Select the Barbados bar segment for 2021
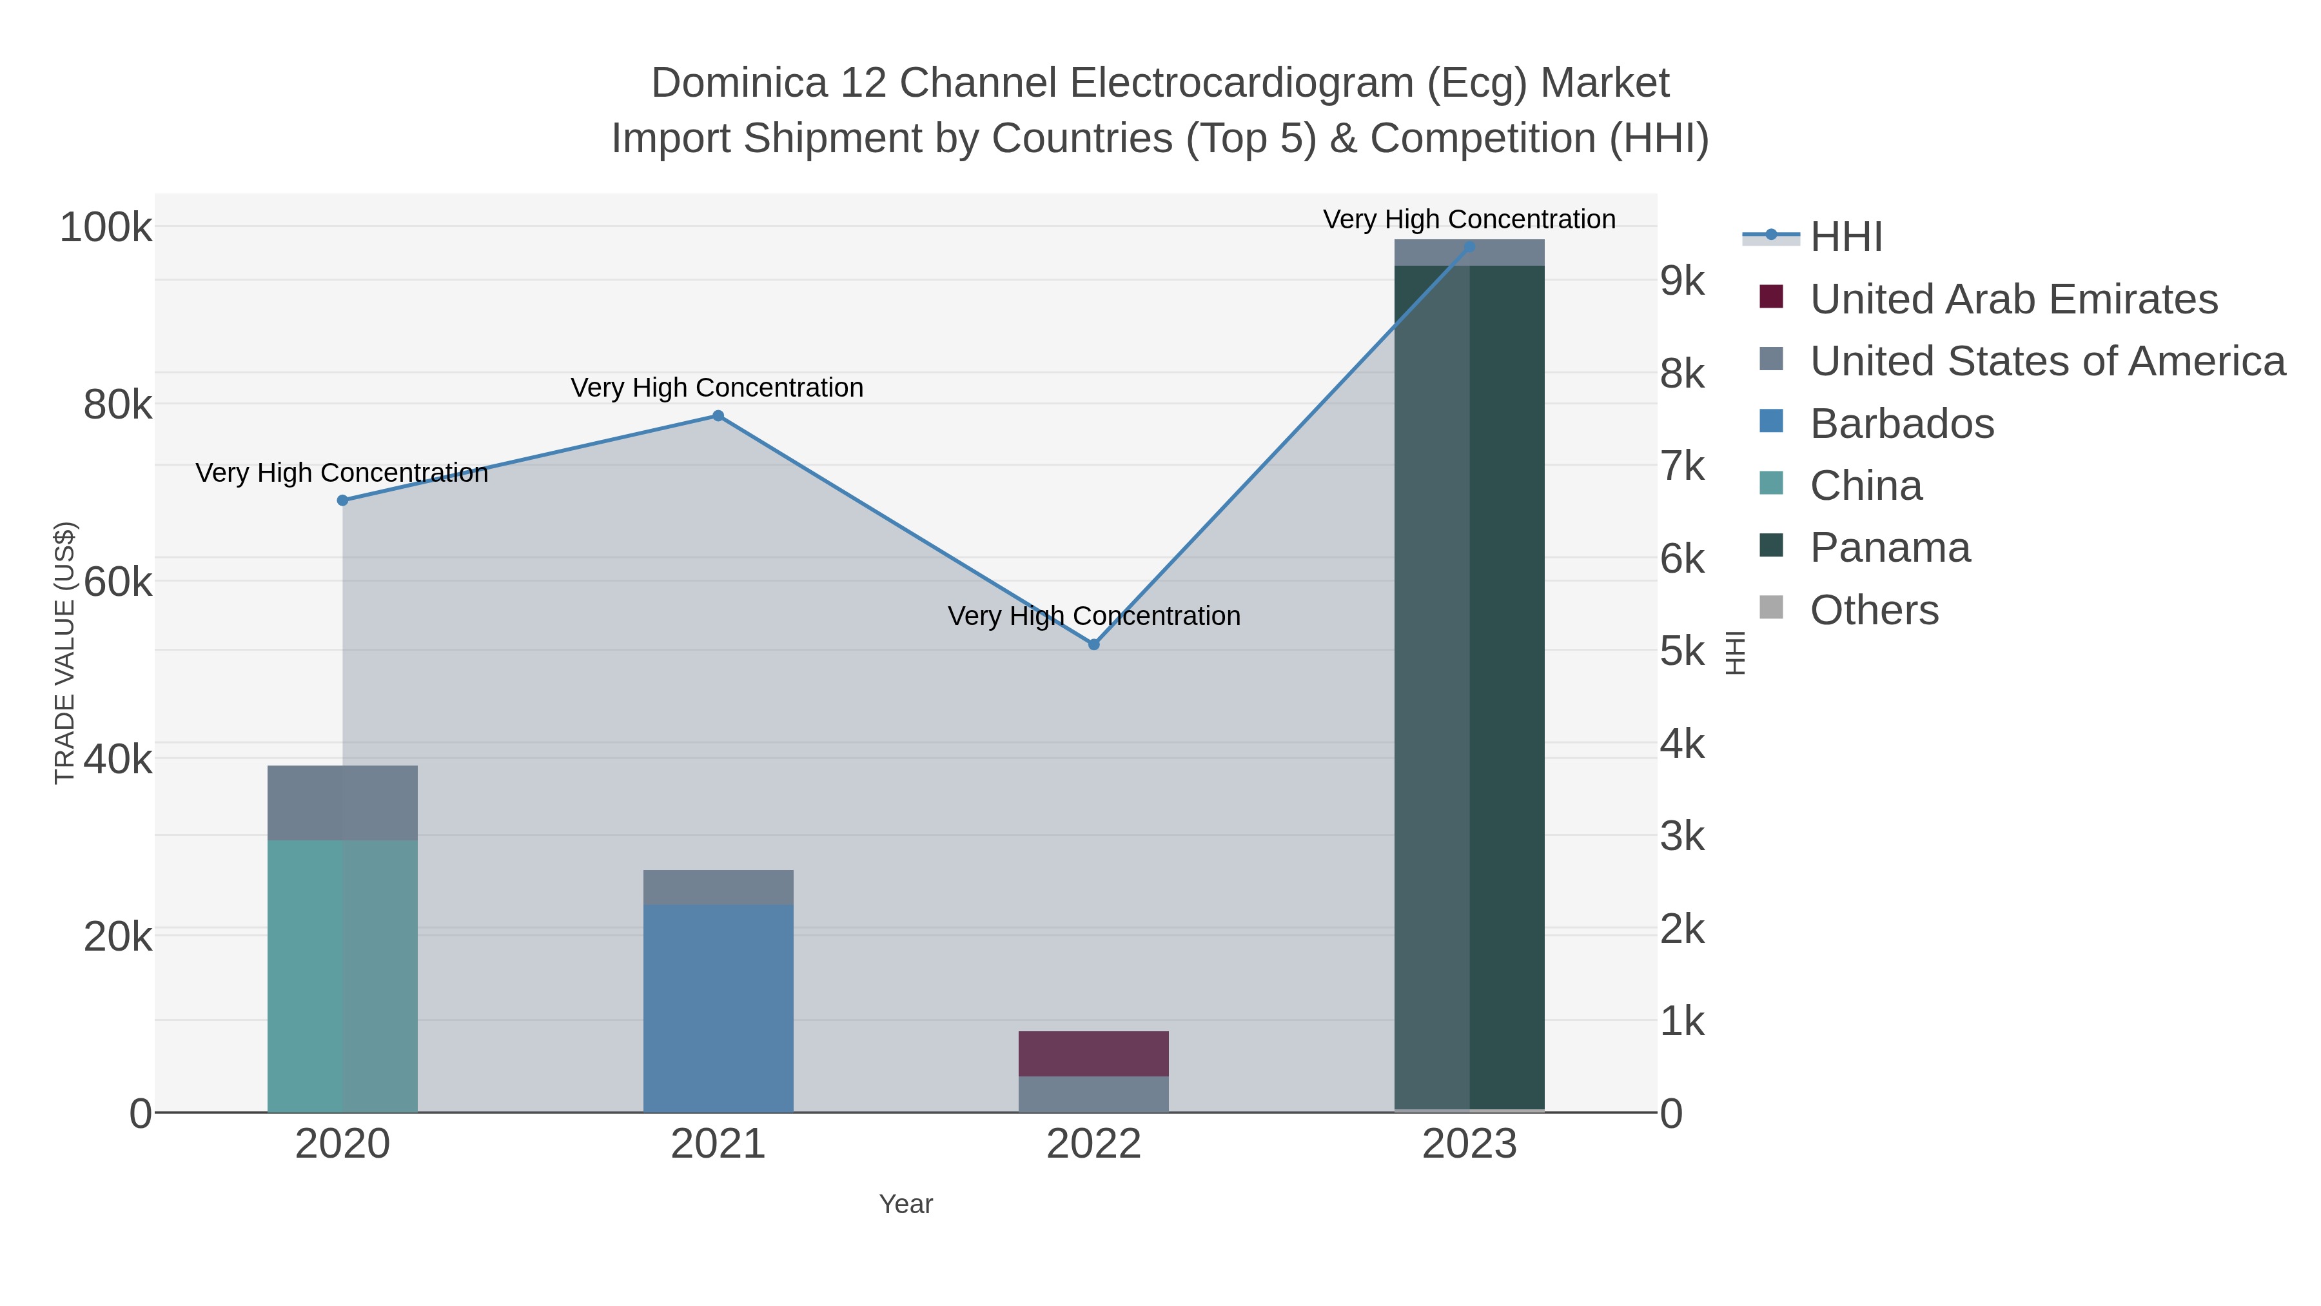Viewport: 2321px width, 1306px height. tap(718, 1007)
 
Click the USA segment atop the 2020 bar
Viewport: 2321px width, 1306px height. tap(342, 802)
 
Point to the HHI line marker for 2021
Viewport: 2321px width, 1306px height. tap(718, 415)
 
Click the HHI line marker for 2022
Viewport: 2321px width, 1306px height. tap(1094, 644)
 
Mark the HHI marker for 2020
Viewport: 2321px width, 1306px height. tap(342, 500)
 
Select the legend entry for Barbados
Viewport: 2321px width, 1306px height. tap(1901, 424)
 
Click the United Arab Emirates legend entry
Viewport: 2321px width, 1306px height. tap(2013, 299)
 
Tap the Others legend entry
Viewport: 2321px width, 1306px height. tap(1873, 610)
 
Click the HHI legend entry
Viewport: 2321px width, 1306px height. tap(1845, 237)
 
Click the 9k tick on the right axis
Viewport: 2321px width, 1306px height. tap(1682, 281)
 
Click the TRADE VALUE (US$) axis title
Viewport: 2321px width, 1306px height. tap(65, 653)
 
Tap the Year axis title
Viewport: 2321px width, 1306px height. tap(906, 1204)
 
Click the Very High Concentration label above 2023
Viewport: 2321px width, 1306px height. tap(1469, 219)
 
